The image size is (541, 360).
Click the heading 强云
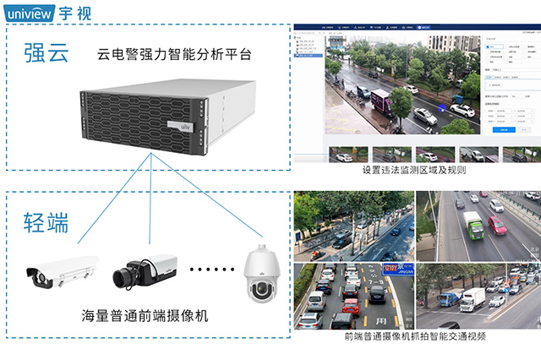(45, 56)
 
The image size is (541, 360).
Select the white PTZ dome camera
(260, 272)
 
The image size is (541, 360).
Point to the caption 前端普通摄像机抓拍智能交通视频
(415, 336)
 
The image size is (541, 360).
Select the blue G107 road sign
(392, 270)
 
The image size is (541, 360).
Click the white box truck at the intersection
(473, 297)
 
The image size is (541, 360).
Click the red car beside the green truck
(496, 225)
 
